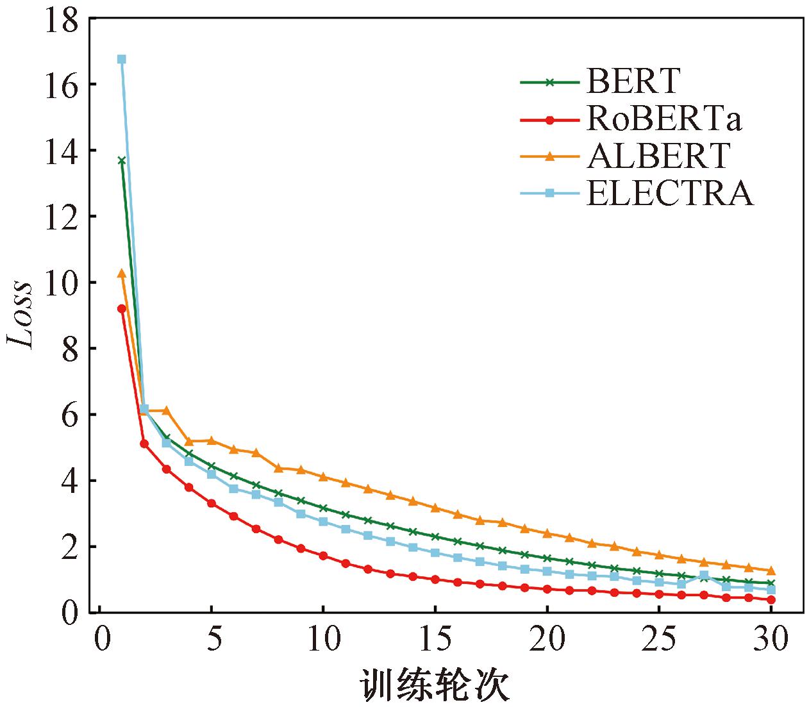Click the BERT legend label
633,81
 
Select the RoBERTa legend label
663,119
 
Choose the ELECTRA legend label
669,192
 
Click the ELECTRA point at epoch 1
122,60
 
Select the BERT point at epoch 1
122,160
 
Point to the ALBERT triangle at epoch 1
122,273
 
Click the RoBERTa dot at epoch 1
122,309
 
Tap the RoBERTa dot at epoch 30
771,600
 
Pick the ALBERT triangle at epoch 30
771,570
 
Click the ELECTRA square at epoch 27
704,576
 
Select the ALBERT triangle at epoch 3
167,410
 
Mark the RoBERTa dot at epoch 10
323,556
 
